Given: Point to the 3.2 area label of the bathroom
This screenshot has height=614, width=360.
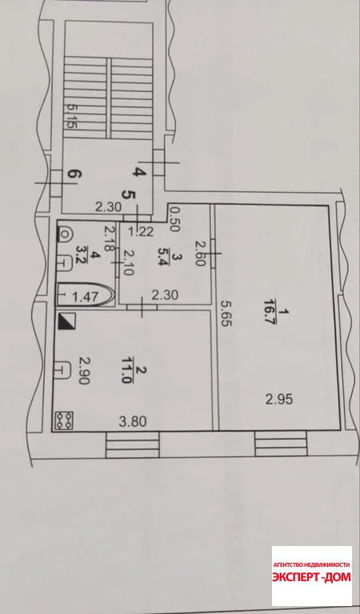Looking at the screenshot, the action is pyautogui.click(x=82, y=255).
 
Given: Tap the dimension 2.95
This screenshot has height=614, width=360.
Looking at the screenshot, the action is pyautogui.click(x=279, y=400).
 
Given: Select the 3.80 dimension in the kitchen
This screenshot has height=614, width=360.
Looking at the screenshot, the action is pyautogui.click(x=133, y=421).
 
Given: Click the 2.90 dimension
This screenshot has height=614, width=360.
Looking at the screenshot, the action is pyautogui.click(x=83, y=370).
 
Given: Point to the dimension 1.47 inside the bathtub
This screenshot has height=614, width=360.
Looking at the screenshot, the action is pyautogui.click(x=85, y=297).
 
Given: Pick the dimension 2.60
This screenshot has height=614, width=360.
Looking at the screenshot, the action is pyautogui.click(x=200, y=253).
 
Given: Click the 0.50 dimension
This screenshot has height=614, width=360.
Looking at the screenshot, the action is pyautogui.click(x=174, y=219).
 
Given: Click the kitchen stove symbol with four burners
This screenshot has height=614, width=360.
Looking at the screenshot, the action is pyautogui.click(x=65, y=421).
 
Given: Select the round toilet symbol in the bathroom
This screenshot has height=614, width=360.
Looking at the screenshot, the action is pyautogui.click(x=65, y=235).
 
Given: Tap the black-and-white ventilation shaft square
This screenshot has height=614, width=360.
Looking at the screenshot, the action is pyautogui.click(x=66, y=321).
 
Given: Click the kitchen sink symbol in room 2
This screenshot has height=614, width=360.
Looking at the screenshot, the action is pyautogui.click(x=63, y=369).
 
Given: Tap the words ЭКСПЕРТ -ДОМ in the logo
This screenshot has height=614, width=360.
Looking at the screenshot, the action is pyautogui.click(x=311, y=576).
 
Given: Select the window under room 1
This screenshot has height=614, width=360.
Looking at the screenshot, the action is pyautogui.click(x=281, y=444).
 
